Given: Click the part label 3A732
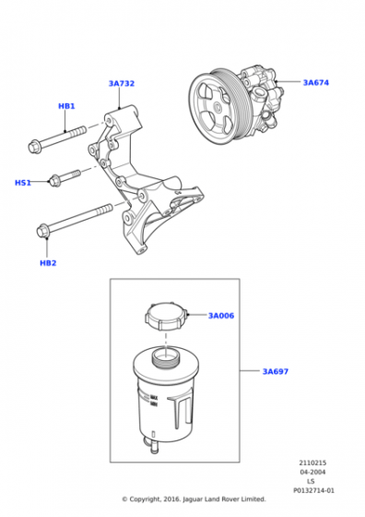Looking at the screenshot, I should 121,84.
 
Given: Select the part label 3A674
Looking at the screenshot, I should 315,82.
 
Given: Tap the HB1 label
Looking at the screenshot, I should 66,106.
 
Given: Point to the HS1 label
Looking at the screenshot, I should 23,183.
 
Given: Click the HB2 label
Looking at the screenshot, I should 48,263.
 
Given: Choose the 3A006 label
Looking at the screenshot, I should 220,316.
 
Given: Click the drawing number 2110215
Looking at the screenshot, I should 312,464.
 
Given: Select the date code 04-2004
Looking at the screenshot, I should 312,474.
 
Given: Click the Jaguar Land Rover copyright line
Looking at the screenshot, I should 194,499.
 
